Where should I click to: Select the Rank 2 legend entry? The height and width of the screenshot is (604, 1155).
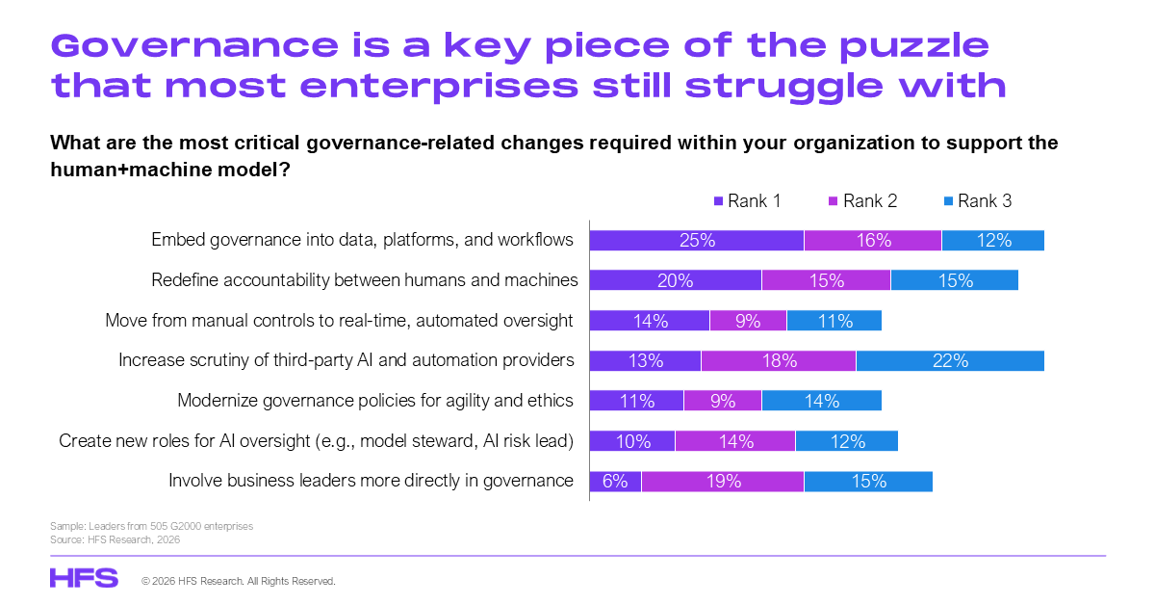[862, 201]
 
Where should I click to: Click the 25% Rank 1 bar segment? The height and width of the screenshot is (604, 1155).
[696, 241]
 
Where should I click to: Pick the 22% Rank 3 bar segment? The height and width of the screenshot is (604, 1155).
[949, 360]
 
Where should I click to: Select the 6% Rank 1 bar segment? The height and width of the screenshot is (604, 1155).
[615, 481]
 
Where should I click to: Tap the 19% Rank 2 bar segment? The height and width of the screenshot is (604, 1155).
[722, 481]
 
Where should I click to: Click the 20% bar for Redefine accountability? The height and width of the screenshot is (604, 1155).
[675, 280]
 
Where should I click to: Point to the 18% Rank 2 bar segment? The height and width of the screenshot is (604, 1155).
[778, 360]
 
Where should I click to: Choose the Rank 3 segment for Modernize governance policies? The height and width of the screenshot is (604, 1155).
[821, 401]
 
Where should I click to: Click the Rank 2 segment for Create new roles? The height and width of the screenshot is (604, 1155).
[734, 441]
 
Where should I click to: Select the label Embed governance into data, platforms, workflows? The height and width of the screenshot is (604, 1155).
[362, 240]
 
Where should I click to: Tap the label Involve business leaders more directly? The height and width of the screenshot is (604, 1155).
[371, 480]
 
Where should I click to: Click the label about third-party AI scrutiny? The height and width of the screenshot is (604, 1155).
[346, 359]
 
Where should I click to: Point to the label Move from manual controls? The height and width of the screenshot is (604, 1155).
[339, 320]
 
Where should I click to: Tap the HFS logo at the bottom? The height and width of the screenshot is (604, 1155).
[84, 578]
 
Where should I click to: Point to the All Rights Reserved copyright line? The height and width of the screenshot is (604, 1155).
[239, 582]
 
